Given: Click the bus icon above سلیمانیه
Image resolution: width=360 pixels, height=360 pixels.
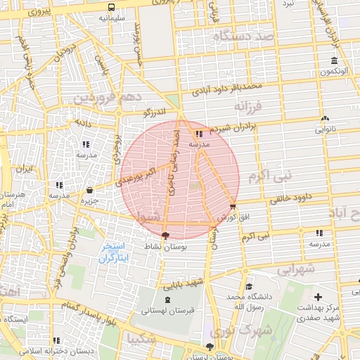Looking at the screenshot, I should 112,6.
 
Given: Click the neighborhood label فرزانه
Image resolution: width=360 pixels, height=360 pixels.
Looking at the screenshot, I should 247,107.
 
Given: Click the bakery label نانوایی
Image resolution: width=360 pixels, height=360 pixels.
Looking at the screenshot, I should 324,129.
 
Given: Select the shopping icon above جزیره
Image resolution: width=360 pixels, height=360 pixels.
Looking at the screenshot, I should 89,190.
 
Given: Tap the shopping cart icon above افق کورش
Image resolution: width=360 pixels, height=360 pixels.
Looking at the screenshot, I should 233,206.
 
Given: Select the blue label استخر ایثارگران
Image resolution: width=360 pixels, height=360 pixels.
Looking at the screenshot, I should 112,253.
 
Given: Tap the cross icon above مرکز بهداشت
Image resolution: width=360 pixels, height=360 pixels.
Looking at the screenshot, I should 319,297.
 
